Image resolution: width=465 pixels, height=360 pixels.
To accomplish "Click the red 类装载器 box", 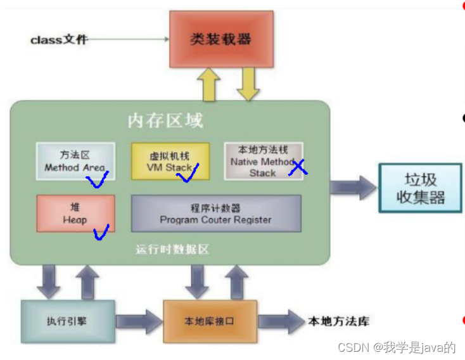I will click(220, 39).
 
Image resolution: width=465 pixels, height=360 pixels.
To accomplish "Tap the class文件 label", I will click(59, 40).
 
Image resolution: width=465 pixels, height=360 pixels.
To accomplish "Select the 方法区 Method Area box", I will click(75, 161).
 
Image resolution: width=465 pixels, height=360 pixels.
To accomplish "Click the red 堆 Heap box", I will click(75, 213).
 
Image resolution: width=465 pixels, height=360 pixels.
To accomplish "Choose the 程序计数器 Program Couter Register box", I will click(215, 213).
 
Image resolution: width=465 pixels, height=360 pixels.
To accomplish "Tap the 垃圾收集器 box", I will click(420, 188).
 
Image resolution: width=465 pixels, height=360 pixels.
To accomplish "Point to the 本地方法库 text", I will click(338, 321).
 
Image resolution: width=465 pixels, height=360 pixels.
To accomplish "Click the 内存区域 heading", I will click(165, 120).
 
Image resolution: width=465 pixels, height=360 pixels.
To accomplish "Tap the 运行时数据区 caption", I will click(172, 249).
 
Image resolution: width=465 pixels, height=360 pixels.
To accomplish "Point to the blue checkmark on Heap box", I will click(101, 233).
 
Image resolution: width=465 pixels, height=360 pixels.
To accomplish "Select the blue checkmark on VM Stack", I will click(188, 174).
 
